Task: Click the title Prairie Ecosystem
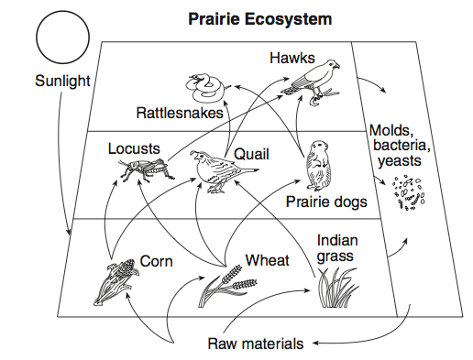[260, 19]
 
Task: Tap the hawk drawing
[313, 82]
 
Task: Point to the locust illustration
[145, 169]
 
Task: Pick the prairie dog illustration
[318, 165]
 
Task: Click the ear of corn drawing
[115, 281]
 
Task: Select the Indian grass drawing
[337, 287]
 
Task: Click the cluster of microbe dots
[408, 193]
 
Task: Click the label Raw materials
[256, 344]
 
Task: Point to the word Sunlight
[62, 81]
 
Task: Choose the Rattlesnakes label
[180, 113]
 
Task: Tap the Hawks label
[292, 58]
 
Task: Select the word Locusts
[134, 148]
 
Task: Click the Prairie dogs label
[326, 202]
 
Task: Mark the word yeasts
[400, 161]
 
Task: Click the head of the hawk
[332, 64]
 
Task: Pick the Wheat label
[268, 260]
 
